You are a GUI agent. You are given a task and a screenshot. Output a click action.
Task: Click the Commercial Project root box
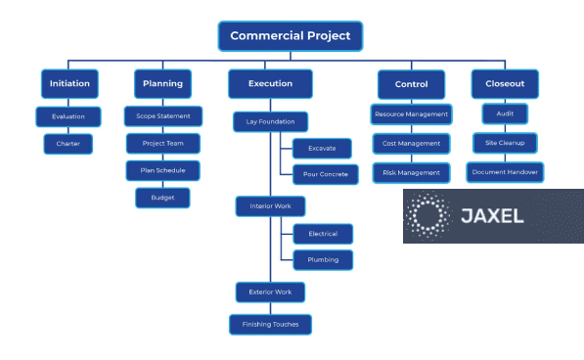click(x=291, y=36)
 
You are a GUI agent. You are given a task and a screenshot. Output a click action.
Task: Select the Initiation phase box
click(x=69, y=84)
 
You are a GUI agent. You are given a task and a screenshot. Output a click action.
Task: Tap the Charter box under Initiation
click(x=67, y=144)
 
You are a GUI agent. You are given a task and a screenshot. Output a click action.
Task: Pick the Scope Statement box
click(x=163, y=116)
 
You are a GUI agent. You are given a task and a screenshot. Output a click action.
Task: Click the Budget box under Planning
click(x=162, y=198)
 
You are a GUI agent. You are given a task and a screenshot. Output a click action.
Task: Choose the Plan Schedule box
click(x=162, y=170)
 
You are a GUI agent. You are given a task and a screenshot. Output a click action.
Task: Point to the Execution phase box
click(x=270, y=84)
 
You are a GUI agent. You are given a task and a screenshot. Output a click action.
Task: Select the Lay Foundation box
click(x=271, y=122)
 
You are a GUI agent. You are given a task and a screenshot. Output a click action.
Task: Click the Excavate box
click(x=322, y=149)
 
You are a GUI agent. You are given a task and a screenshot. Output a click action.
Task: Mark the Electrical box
click(x=323, y=234)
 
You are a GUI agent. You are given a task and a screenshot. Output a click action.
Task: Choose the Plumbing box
click(x=323, y=260)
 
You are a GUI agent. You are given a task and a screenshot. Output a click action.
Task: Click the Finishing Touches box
click(x=271, y=324)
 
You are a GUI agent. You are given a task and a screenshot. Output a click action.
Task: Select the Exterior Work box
click(x=271, y=292)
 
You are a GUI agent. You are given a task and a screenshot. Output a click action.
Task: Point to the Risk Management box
click(x=412, y=172)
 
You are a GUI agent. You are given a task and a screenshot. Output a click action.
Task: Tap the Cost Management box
click(x=412, y=144)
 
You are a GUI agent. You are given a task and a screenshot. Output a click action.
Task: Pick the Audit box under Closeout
click(x=505, y=114)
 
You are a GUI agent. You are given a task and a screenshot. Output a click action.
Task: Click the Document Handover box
click(x=505, y=172)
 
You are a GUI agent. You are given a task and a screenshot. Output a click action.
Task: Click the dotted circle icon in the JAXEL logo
click(x=428, y=216)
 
